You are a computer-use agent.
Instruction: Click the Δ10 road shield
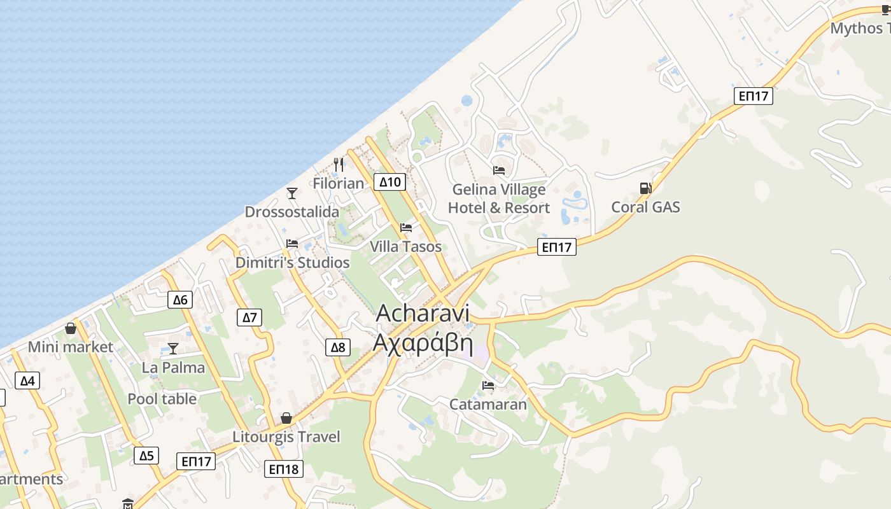389,182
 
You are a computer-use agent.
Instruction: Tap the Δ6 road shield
180,300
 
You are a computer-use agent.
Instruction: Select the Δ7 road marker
249,317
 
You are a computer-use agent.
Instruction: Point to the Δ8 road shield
338,347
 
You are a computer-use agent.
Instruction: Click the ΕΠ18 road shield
284,469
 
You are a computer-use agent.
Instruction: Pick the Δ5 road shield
146,456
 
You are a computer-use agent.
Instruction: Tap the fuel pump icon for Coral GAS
645,188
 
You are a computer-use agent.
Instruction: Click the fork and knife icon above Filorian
339,165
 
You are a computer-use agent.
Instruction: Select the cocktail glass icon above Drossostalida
292,193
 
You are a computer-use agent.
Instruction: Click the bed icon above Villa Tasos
406,228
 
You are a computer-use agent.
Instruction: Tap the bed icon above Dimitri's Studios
292,243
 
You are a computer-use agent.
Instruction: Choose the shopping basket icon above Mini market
71,328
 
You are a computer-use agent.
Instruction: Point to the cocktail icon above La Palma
173,348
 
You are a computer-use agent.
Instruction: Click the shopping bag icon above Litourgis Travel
286,418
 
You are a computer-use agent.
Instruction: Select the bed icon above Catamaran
488,385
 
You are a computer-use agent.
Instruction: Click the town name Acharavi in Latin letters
423,313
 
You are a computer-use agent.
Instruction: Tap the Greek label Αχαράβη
423,343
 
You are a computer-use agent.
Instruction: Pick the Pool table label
162,399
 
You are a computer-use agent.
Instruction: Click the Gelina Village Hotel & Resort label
499,199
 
